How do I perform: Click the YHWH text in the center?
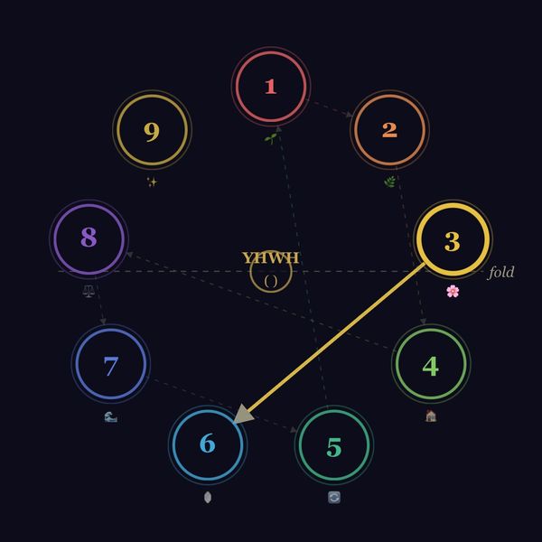tap(271, 257)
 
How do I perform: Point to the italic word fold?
tap(500, 272)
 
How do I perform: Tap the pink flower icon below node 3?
tap(453, 292)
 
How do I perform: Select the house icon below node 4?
tap(431, 416)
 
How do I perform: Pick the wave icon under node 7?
tap(110, 417)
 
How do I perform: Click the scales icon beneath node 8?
tap(89, 291)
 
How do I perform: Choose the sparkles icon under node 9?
tap(152, 182)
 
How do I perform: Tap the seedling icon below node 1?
tap(271, 138)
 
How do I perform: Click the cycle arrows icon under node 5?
tap(334, 498)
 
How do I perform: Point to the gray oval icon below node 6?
tap(208, 498)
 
